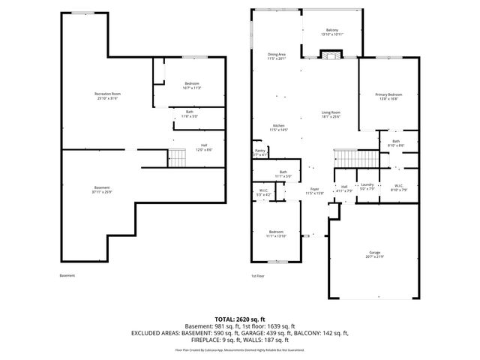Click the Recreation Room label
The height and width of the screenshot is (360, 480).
pyautogui.click(x=108, y=94)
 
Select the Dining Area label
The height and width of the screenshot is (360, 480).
pyautogui.click(x=277, y=55)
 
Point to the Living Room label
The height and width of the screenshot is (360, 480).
pyautogui.click(x=331, y=112)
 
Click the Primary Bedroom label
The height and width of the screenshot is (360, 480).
pyautogui.click(x=389, y=94)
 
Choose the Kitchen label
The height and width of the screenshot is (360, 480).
pyautogui.click(x=278, y=125)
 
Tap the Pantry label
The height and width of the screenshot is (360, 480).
pyautogui.click(x=259, y=151)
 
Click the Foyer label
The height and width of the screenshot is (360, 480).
pyautogui.click(x=314, y=189)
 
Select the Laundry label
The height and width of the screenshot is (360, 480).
pyautogui.click(x=367, y=184)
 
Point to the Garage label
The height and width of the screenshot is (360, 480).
pyautogui.click(x=374, y=253)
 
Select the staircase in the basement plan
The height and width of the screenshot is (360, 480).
pyautogui.click(x=176, y=157)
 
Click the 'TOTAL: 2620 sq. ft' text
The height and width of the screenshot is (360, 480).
pyautogui.click(x=239, y=319)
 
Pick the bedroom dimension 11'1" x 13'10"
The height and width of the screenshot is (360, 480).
pyautogui.click(x=277, y=235)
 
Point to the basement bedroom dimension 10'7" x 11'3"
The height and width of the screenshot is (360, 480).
pyautogui.click(x=191, y=88)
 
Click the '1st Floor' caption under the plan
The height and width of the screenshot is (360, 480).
pyautogui.click(x=258, y=276)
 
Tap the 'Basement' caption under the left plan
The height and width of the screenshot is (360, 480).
pyautogui.click(x=67, y=276)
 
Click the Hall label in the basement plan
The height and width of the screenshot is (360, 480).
pyautogui.click(x=204, y=145)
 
